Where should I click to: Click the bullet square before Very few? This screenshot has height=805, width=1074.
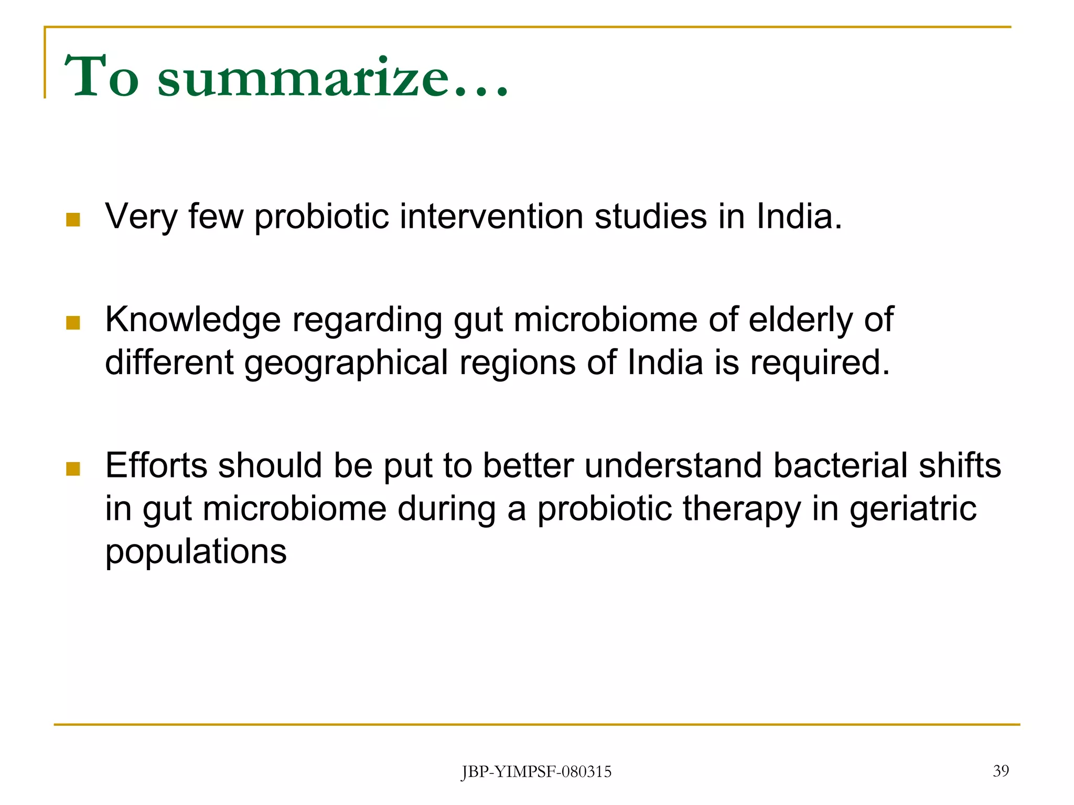click(73, 220)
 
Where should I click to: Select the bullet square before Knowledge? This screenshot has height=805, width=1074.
click(73, 323)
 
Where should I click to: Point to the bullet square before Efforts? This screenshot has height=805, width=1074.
click(73, 469)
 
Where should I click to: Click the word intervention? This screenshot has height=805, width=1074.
click(491, 216)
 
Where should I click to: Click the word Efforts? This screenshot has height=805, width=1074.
click(156, 465)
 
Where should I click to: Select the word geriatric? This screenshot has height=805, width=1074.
click(913, 509)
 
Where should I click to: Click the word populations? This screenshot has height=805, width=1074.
click(196, 552)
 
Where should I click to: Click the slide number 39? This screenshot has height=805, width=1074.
click(1001, 771)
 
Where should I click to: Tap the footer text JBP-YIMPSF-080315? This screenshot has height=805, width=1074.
click(536, 772)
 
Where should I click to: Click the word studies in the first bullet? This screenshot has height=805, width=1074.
click(650, 216)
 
